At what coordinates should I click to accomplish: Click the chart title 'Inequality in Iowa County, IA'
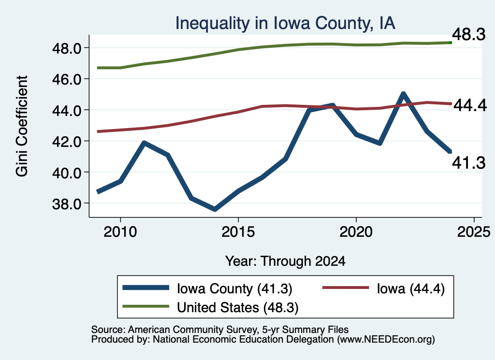pyautogui.click(x=285, y=24)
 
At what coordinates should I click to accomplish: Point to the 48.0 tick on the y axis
pyautogui.click(x=67, y=48)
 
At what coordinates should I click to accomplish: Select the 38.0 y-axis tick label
pyautogui.click(x=67, y=204)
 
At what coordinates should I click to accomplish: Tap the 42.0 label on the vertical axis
pyautogui.click(x=67, y=142)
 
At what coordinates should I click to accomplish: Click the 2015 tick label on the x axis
pyautogui.click(x=238, y=232)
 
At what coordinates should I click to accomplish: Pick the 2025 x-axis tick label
pyautogui.click(x=474, y=232)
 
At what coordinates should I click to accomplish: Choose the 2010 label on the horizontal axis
pyautogui.click(x=120, y=232)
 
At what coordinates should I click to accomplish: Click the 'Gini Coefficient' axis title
pyautogui.click(x=22, y=126)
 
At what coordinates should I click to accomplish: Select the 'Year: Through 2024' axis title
pyautogui.click(x=285, y=261)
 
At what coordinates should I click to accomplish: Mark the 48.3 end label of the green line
pyautogui.click(x=469, y=34)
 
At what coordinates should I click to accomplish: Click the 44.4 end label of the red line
pyautogui.click(x=470, y=105)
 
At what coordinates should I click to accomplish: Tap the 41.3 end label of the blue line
pyautogui.click(x=469, y=163)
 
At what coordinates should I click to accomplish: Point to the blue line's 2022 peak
pyautogui.click(x=403, y=94)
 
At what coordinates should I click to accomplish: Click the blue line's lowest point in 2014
pyautogui.click(x=215, y=209)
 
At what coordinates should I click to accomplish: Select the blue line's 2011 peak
pyautogui.click(x=144, y=143)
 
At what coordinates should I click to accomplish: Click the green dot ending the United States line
pyautogui.click(x=451, y=43)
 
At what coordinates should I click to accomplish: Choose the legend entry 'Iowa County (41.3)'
pyautogui.click(x=207, y=288)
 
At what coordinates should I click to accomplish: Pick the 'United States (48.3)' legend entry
pyautogui.click(x=210, y=307)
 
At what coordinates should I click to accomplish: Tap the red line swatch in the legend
pyautogui.click(x=346, y=288)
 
